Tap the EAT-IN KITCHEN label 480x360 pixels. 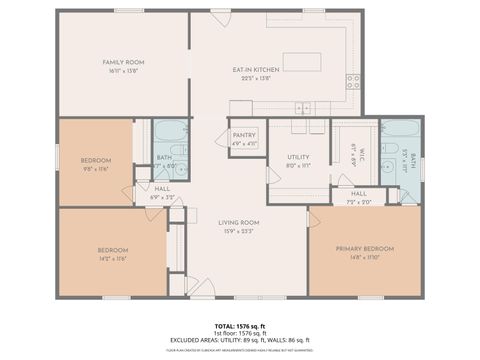[x=255, y=69]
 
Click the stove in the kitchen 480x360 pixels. [x=353, y=82]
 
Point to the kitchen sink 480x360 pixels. [x=301, y=107]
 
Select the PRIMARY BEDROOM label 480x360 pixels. [x=364, y=251]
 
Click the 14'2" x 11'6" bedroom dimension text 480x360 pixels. [x=112, y=257]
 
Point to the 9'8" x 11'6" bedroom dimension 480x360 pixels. [x=96, y=168]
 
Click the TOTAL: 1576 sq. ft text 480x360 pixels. [x=240, y=325]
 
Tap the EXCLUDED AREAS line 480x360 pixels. [x=240, y=340]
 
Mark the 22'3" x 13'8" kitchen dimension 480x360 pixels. [x=255, y=76]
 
